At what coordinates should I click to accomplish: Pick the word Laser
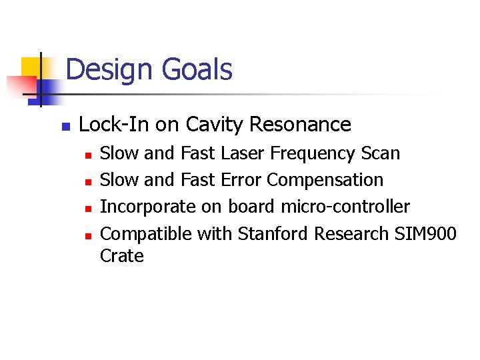[241, 154]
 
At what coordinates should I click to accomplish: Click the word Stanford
[274, 233]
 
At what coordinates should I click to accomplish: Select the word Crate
[121, 256]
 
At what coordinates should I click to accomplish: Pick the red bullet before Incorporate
[87, 208]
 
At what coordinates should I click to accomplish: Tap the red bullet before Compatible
[87, 235]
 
